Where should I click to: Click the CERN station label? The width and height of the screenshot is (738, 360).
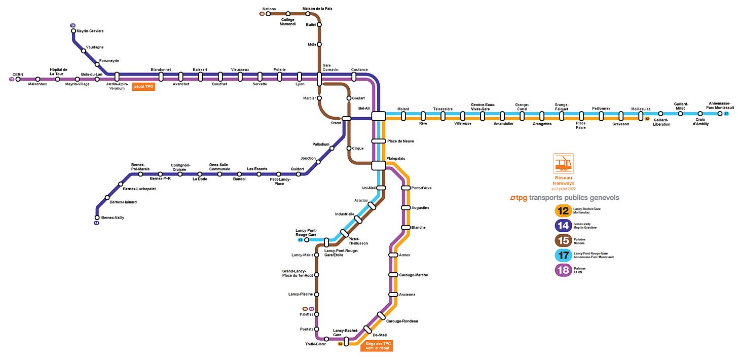point(18,75)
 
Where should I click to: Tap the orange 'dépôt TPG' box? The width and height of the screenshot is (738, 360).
point(143,87)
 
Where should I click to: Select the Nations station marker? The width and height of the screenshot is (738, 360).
point(268,14)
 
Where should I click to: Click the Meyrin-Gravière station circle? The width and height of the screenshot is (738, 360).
point(73,31)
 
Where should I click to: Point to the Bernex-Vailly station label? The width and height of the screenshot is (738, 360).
point(113,218)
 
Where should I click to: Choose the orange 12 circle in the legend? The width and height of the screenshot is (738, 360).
point(563,210)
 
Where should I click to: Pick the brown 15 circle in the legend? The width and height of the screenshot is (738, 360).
point(563,240)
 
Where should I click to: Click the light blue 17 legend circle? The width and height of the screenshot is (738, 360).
point(563,255)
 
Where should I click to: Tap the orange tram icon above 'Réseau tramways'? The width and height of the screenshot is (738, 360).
point(563,164)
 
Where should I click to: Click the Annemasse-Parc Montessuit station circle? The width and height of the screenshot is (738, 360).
point(720,114)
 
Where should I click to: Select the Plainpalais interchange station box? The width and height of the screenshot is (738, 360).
point(379,165)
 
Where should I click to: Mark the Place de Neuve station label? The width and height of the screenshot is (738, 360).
point(400,141)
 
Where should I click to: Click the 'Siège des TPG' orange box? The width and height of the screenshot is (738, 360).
point(378,346)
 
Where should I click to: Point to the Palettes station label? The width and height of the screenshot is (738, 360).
point(307,314)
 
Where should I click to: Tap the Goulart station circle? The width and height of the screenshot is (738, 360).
point(349,98)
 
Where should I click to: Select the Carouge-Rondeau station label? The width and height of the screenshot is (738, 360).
point(402,321)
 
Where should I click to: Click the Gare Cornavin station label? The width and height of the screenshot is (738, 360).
point(330,67)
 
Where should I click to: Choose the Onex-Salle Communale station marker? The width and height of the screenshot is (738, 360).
point(219,174)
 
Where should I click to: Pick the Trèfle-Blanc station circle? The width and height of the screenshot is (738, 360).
point(326,339)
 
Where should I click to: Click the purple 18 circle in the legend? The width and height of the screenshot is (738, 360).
point(563,269)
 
